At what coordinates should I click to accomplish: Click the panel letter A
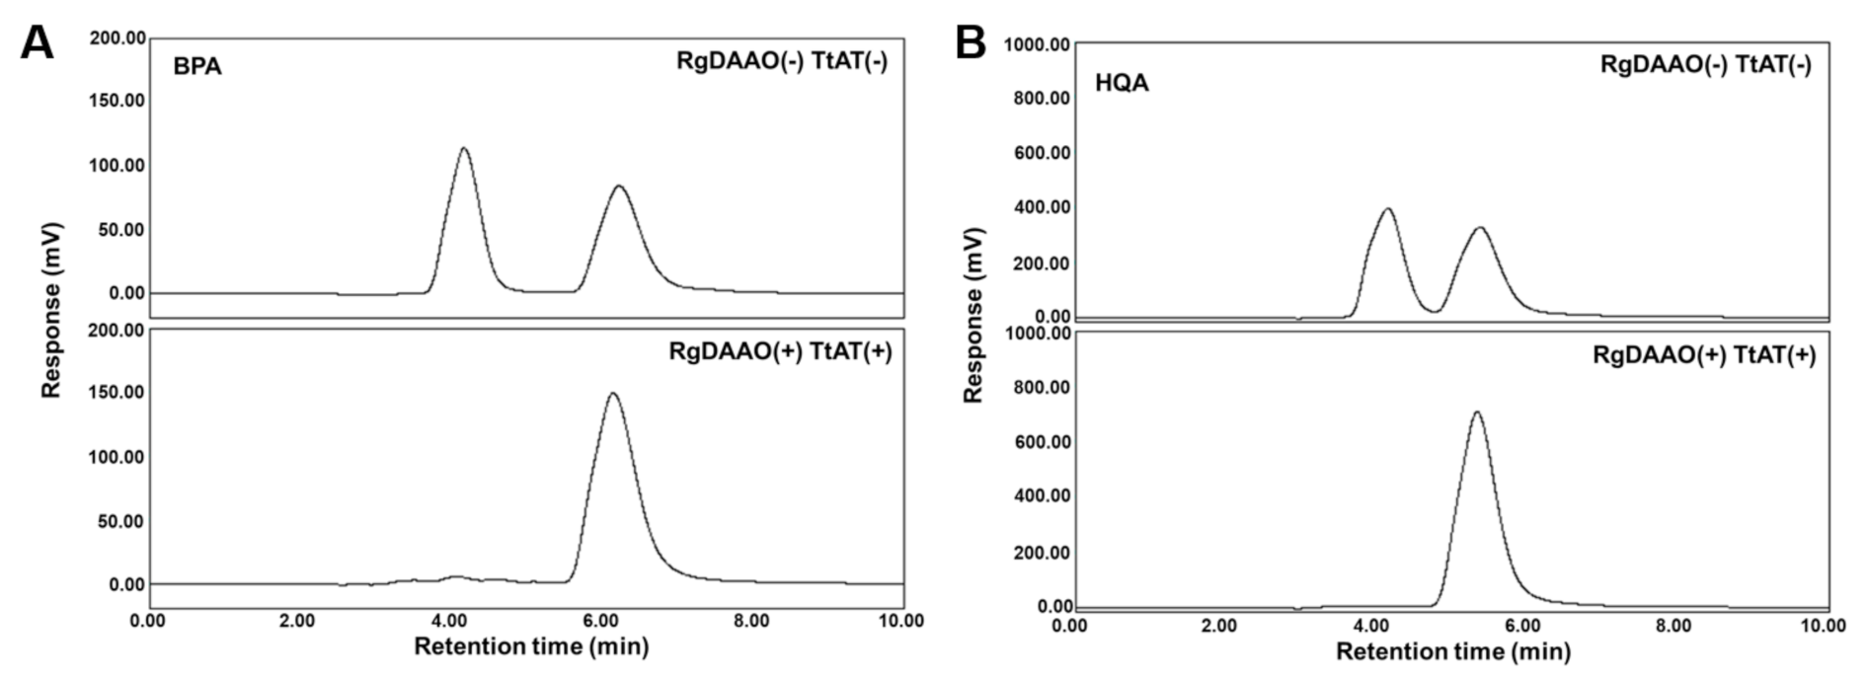(37, 42)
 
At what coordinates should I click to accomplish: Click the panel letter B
(971, 42)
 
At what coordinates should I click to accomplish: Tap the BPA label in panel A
(197, 67)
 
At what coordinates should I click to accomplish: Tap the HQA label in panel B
(1122, 83)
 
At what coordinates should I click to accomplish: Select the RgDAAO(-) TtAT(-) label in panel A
(782, 61)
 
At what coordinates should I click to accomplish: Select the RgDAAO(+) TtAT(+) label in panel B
(1704, 356)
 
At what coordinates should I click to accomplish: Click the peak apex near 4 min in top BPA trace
(463, 149)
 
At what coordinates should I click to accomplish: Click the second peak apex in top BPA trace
(619, 186)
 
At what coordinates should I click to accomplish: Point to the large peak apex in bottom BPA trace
(612, 394)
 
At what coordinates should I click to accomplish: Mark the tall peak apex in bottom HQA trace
(1476, 413)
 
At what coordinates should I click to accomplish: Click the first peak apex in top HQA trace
(1387, 209)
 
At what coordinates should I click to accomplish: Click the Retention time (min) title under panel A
(531, 646)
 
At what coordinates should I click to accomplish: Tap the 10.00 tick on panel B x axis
(1823, 626)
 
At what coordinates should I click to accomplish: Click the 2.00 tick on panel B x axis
(1220, 626)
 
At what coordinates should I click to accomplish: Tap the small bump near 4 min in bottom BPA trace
(454, 576)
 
